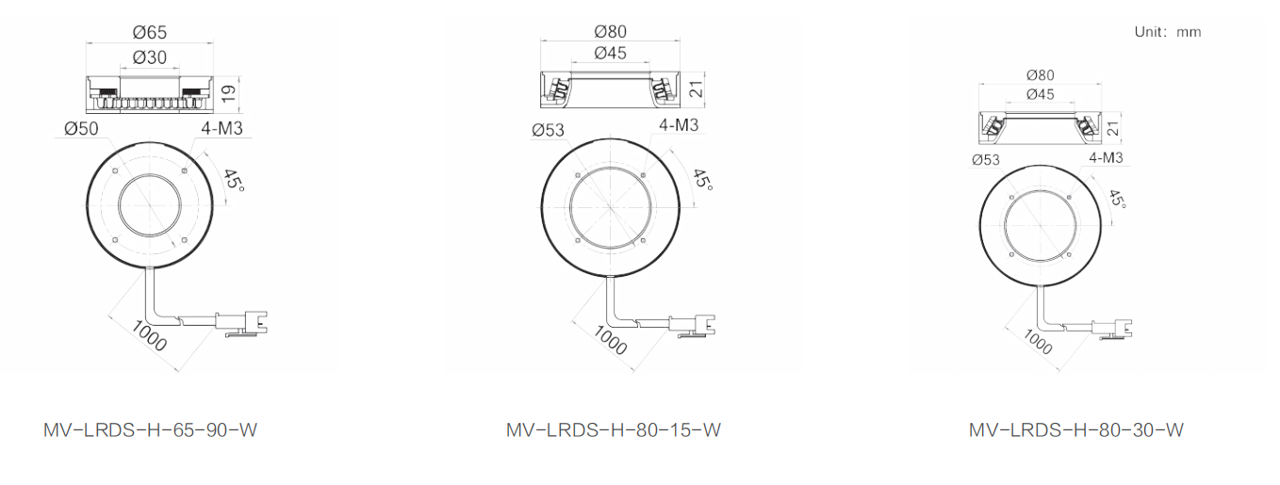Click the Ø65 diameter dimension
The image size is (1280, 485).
pyautogui.click(x=150, y=33)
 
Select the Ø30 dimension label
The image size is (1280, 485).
pyautogui.click(x=150, y=57)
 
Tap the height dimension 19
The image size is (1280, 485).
pyautogui.click(x=228, y=93)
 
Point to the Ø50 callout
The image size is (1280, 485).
pyautogui.click(x=81, y=128)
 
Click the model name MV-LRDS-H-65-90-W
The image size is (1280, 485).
pyautogui.click(x=150, y=429)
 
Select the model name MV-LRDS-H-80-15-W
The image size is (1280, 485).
pyautogui.click(x=614, y=429)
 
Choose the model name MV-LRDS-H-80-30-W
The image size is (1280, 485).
pyautogui.click(x=1076, y=429)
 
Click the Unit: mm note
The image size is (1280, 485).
pyautogui.click(x=1168, y=32)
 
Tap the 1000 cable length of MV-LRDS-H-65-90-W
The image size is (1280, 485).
pyautogui.click(x=149, y=336)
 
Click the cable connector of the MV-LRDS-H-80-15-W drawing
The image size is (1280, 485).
pyautogui.click(x=692, y=326)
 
